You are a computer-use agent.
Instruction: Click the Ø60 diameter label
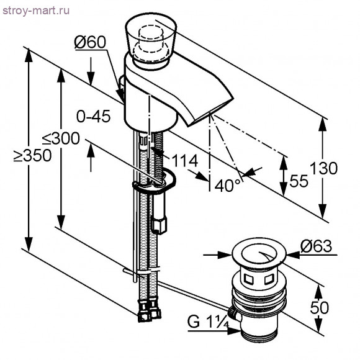point(90,42)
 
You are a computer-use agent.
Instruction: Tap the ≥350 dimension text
point(32,155)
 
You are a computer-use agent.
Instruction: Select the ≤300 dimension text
point(61,138)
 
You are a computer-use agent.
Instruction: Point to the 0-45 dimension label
point(94,116)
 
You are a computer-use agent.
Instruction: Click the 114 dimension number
point(185,161)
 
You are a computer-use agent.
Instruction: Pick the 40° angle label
point(228,185)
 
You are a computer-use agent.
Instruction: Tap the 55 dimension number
point(299,181)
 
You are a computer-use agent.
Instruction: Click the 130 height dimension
point(324,168)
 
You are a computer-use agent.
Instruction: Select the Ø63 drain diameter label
point(316,246)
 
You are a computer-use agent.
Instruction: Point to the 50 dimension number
point(320,308)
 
